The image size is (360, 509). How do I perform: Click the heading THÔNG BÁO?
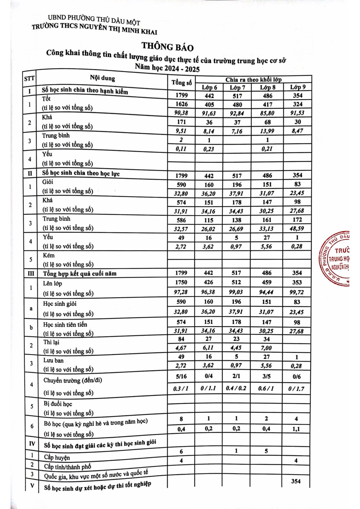point(167,46)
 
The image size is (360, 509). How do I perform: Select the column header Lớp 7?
point(237,88)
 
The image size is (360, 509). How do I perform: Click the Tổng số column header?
point(181,82)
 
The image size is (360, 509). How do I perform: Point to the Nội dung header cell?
point(102,78)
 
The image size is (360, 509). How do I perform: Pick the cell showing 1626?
point(181,104)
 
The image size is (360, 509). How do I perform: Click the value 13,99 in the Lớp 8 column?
point(267,131)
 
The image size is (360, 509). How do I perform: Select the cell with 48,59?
point(297,229)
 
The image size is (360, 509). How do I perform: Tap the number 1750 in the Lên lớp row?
point(181,282)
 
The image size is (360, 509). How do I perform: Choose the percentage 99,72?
point(297,292)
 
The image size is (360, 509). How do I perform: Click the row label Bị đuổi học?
point(57,404)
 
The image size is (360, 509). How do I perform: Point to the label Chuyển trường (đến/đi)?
point(73,380)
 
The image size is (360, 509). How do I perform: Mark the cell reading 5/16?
point(181,376)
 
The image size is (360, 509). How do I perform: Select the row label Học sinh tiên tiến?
point(65,325)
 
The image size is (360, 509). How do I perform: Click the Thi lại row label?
point(51,342)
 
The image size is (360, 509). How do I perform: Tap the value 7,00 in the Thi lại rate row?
point(266,348)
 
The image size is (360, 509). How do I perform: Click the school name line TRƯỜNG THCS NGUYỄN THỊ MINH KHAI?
point(94,29)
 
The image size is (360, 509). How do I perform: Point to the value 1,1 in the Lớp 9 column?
point(296,429)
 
